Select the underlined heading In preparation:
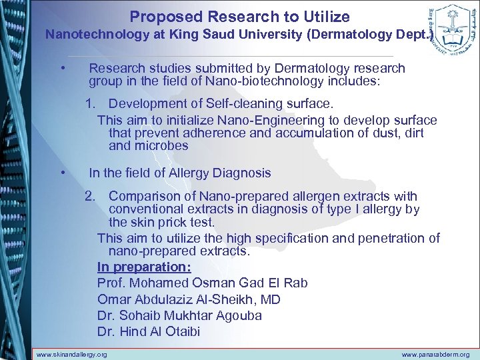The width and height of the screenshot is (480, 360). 143,267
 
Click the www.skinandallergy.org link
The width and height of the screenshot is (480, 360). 71,355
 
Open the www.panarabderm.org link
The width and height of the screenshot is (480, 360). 435,355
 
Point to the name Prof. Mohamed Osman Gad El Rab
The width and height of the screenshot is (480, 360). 202,283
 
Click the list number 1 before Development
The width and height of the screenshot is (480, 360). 89,104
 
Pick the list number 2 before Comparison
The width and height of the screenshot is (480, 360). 89,197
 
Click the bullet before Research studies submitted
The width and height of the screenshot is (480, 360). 61,69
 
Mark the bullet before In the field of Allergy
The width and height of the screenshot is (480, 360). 61,173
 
